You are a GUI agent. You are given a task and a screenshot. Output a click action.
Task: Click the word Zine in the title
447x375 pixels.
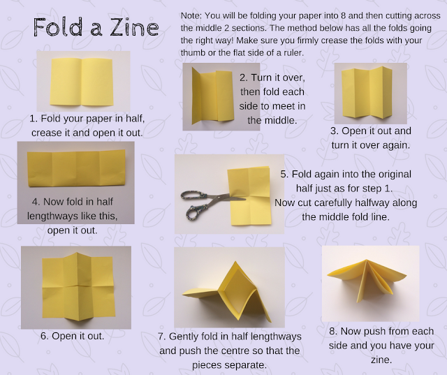(x=134, y=27)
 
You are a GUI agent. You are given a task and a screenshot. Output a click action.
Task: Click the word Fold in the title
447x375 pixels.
(x=59, y=27)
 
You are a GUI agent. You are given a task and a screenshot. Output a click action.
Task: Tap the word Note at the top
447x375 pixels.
(x=191, y=15)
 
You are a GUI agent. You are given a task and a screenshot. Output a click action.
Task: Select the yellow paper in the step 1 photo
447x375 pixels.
(x=82, y=82)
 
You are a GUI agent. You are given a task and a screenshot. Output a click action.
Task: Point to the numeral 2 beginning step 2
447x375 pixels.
(x=242, y=78)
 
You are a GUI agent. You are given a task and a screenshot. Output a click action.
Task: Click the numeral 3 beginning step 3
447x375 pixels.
(x=333, y=131)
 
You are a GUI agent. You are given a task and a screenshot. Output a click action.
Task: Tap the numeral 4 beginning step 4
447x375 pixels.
(x=36, y=201)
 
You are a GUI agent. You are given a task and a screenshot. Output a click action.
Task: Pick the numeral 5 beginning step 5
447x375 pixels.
(x=284, y=174)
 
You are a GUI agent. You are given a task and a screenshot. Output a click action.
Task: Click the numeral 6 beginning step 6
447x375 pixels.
(x=44, y=336)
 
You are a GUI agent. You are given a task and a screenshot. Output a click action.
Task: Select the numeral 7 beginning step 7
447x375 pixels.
(x=161, y=337)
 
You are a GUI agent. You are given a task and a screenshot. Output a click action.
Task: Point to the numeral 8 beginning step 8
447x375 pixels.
(x=332, y=331)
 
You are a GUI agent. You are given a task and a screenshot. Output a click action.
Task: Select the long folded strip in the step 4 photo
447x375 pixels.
(x=76, y=168)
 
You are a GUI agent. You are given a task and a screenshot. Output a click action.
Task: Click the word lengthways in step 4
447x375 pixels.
(x=52, y=216)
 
